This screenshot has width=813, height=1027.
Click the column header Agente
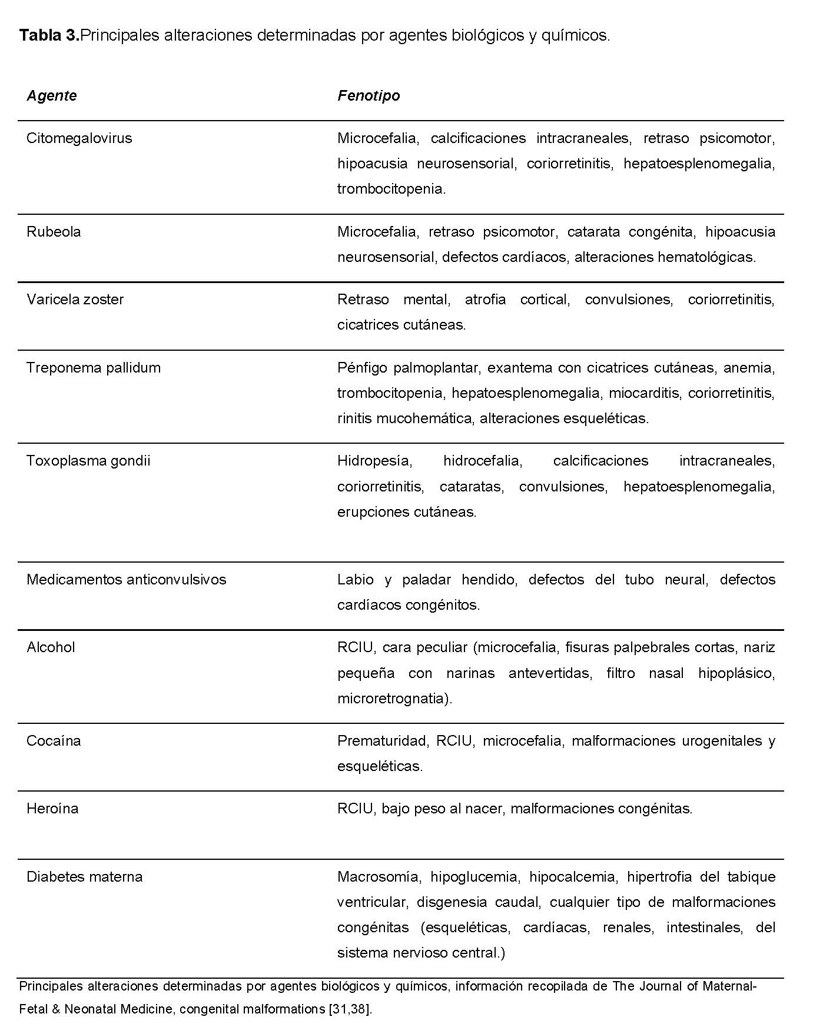[51, 95]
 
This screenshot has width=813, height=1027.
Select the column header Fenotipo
[369, 95]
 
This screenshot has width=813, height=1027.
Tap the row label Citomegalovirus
[79, 138]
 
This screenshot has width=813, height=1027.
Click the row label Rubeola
[54, 232]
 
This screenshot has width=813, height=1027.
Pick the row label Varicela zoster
[75, 300]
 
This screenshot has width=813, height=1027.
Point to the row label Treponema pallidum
[93, 368]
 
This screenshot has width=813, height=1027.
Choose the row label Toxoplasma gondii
[88, 460]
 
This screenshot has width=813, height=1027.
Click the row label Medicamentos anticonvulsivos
[126, 580]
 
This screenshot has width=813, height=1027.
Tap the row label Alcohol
[51, 647]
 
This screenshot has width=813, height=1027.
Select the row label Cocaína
[54, 741]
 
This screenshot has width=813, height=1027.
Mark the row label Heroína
[52, 809]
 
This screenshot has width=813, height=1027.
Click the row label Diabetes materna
[84, 877]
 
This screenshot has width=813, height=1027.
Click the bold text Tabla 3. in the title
[49, 35]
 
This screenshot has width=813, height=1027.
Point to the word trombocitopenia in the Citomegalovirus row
[390, 189]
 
